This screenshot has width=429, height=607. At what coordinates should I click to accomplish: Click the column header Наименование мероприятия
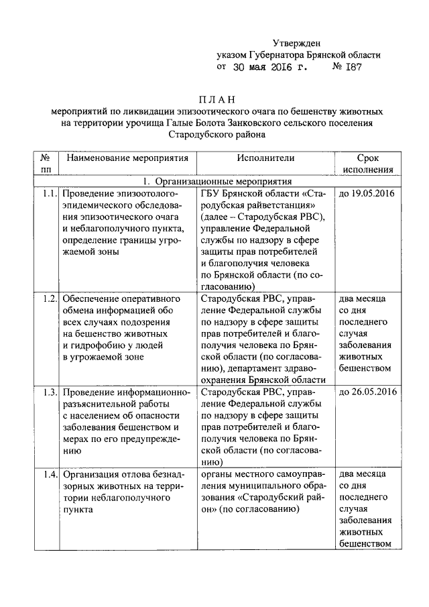[x=127, y=158]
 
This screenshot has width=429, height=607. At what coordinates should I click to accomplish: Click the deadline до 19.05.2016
[x=367, y=194]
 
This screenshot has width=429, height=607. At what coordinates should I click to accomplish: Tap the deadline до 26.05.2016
[x=367, y=392]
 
